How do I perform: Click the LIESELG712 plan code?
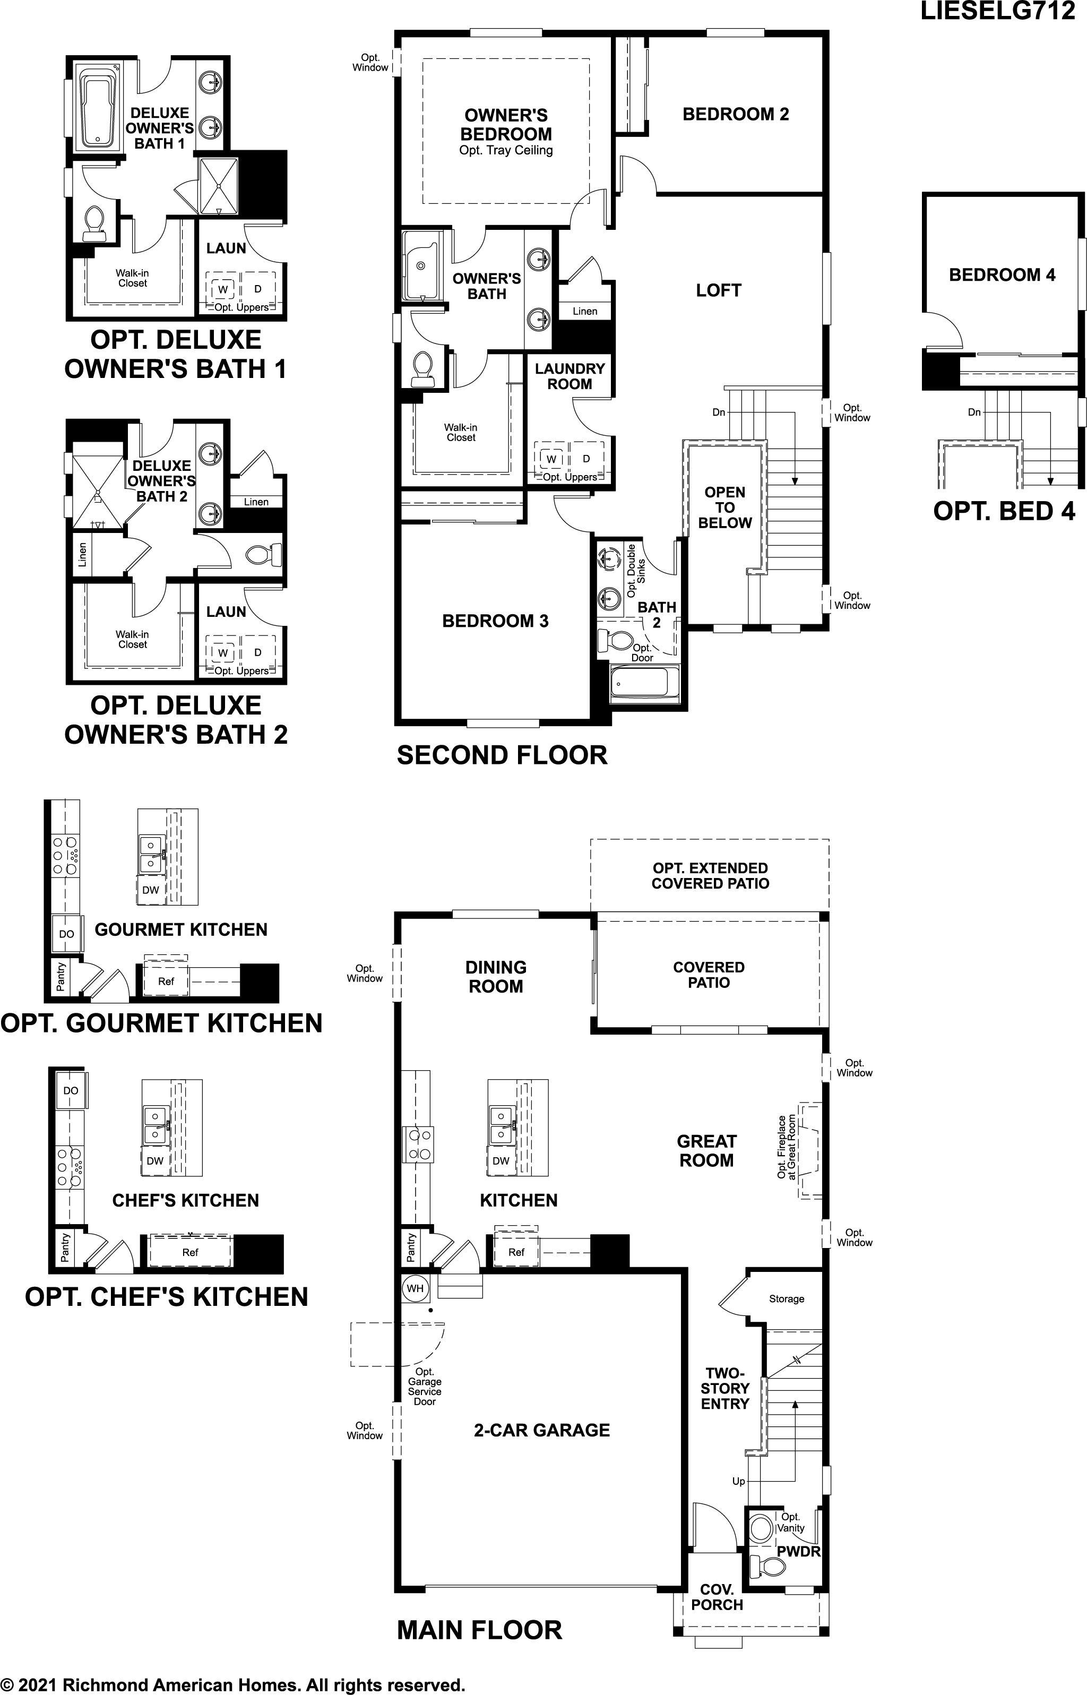[x=997, y=12]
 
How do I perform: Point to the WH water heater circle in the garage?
[x=415, y=1288]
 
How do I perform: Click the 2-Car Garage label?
[x=541, y=1430]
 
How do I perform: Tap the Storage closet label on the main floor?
[x=786, y=1298]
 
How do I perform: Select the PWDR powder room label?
[x=798, y=1552]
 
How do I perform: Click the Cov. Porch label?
[x=717, y=1597]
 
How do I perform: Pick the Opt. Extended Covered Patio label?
[x=710, y=875]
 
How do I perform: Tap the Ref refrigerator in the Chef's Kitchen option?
[x=190, y=1252]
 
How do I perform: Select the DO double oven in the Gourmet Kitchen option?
[x=66, y=934]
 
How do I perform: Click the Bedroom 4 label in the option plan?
[x=1002, y=274]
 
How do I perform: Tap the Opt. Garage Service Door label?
[x=424, y=1387]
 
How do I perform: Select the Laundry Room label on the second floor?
[x=569, y=376]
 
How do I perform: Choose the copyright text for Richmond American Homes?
[x=233, y=1685]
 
